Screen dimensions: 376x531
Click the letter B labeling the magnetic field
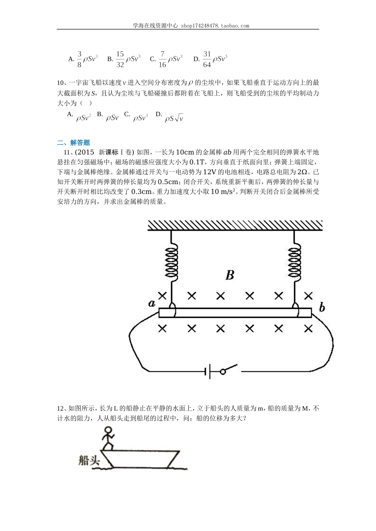point(230,275)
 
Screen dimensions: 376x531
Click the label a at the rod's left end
point(152,303)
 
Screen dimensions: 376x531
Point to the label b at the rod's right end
point(322,307)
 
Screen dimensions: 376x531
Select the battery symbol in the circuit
point(207,371)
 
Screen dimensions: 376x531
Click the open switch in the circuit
point(230,369)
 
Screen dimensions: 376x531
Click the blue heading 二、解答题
point(74,143)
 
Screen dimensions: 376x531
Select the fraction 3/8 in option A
point(79,59)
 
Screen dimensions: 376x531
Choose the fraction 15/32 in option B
point(120,59)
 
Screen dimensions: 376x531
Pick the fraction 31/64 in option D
point(207,59)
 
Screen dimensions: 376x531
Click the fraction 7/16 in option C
point(162,59)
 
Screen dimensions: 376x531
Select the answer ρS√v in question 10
point(174,118)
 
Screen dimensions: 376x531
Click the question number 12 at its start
point(61,409)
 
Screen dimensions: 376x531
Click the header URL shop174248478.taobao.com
point(215,26)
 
